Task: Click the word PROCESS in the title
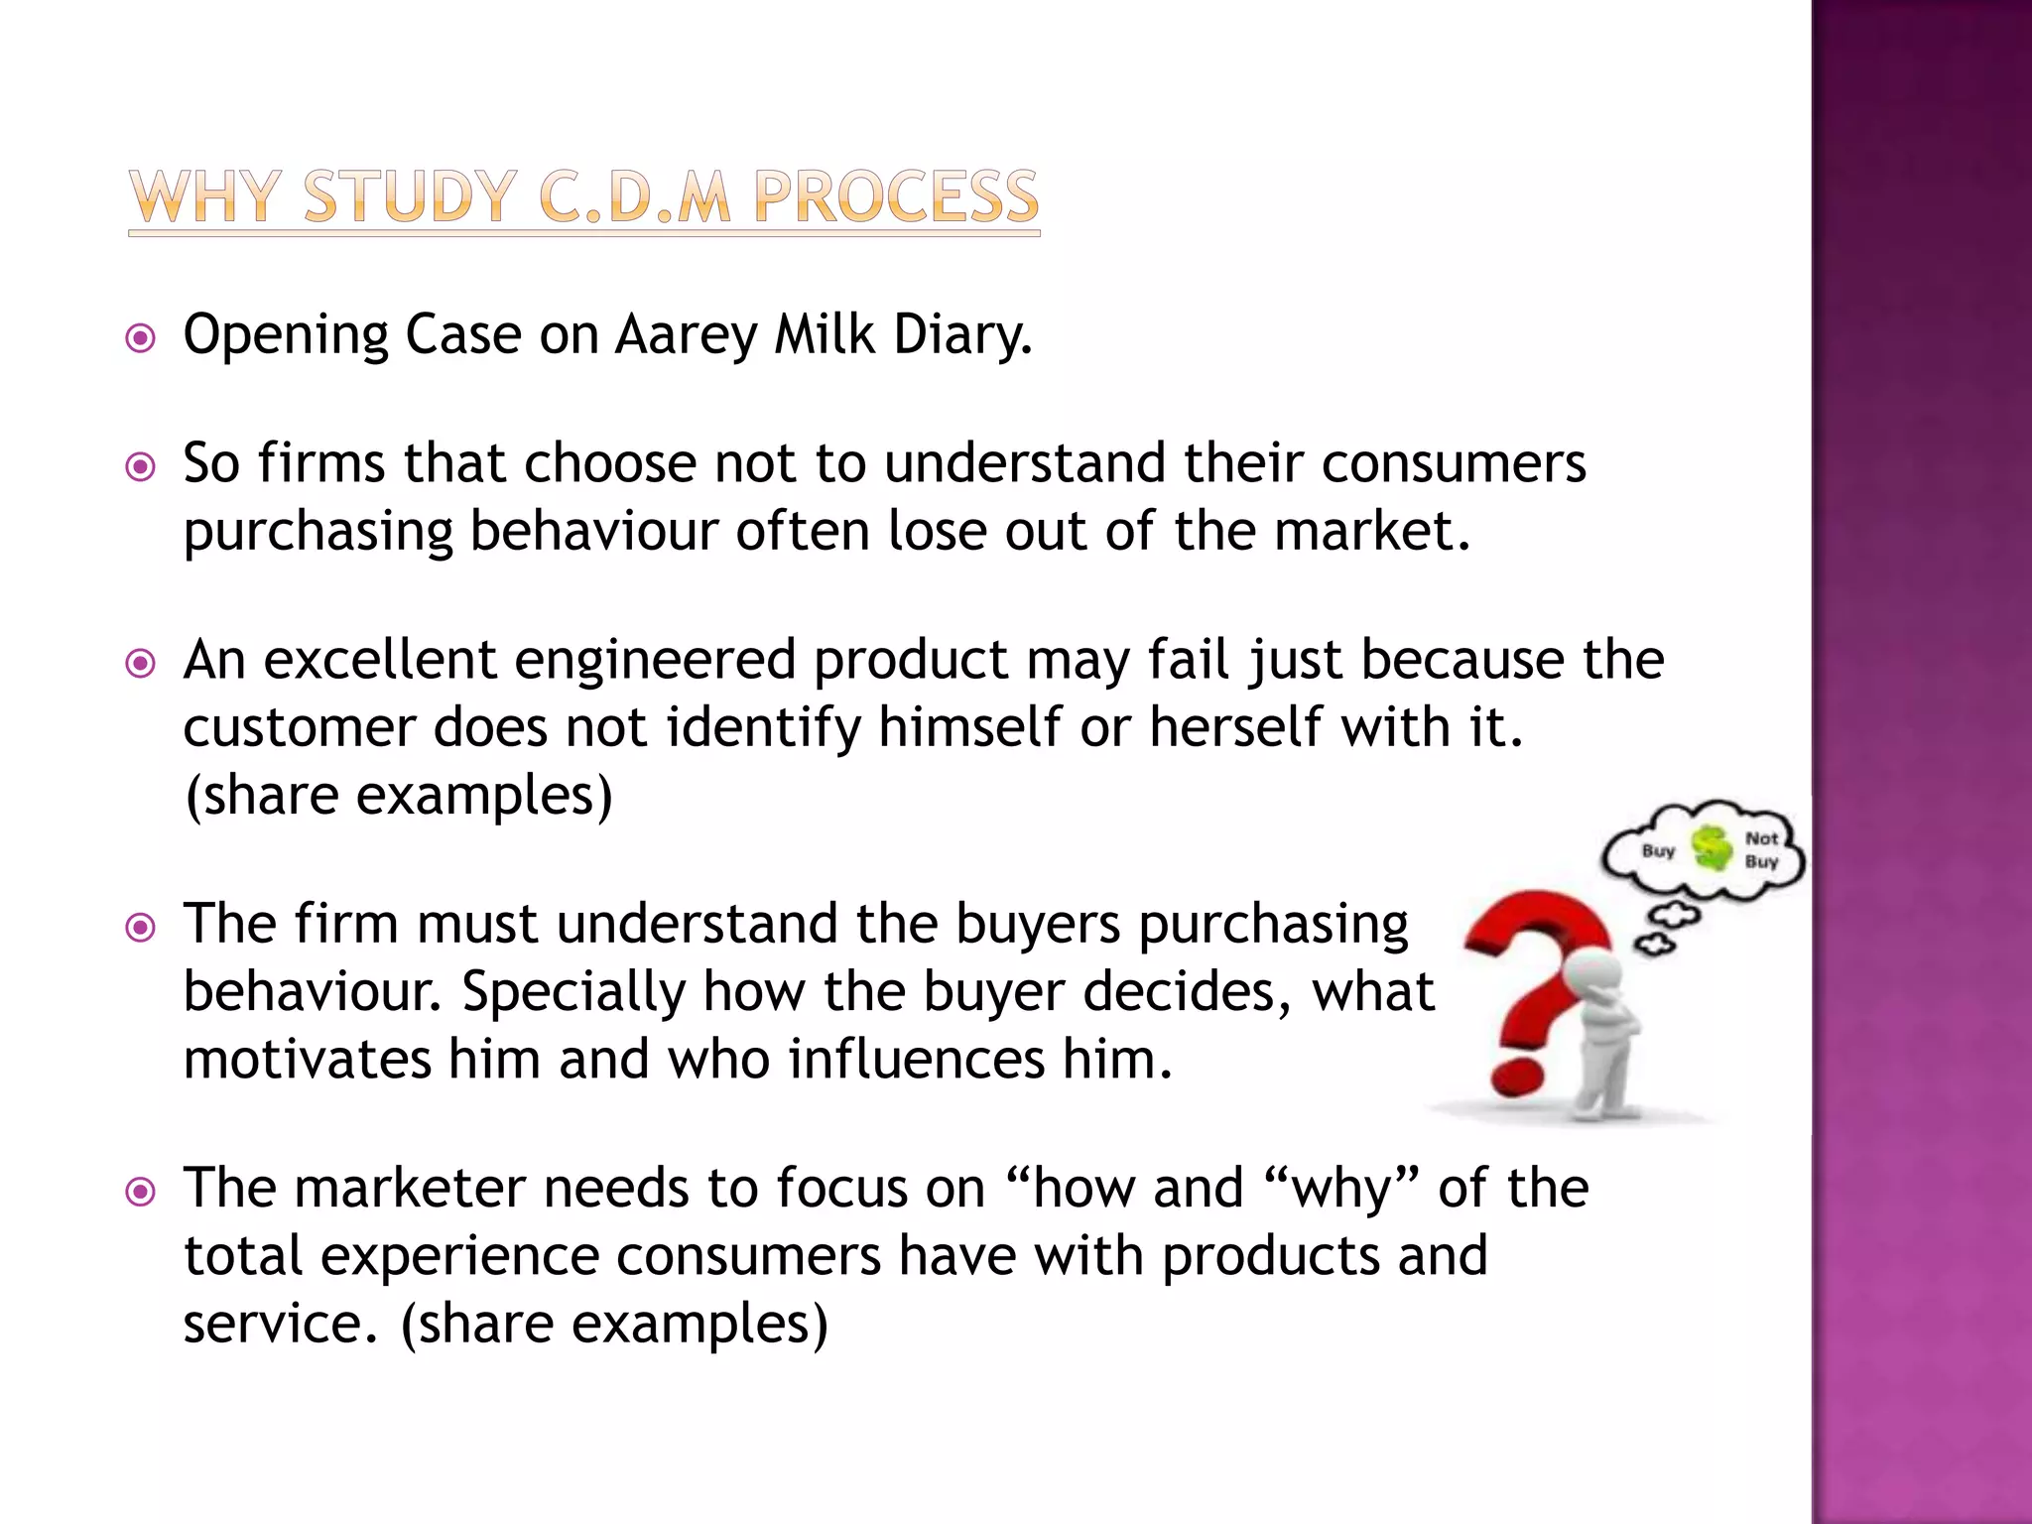tap(895, 196)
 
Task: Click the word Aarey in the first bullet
tap(686, 335)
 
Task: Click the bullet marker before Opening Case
tap(141, 339)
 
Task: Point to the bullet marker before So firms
tap(141, 466)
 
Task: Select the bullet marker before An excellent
tap(141, 663)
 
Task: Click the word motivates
tap(307, 1060)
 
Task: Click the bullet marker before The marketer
tap(141, 1191)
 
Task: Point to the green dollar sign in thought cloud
tap(1711, 848)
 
